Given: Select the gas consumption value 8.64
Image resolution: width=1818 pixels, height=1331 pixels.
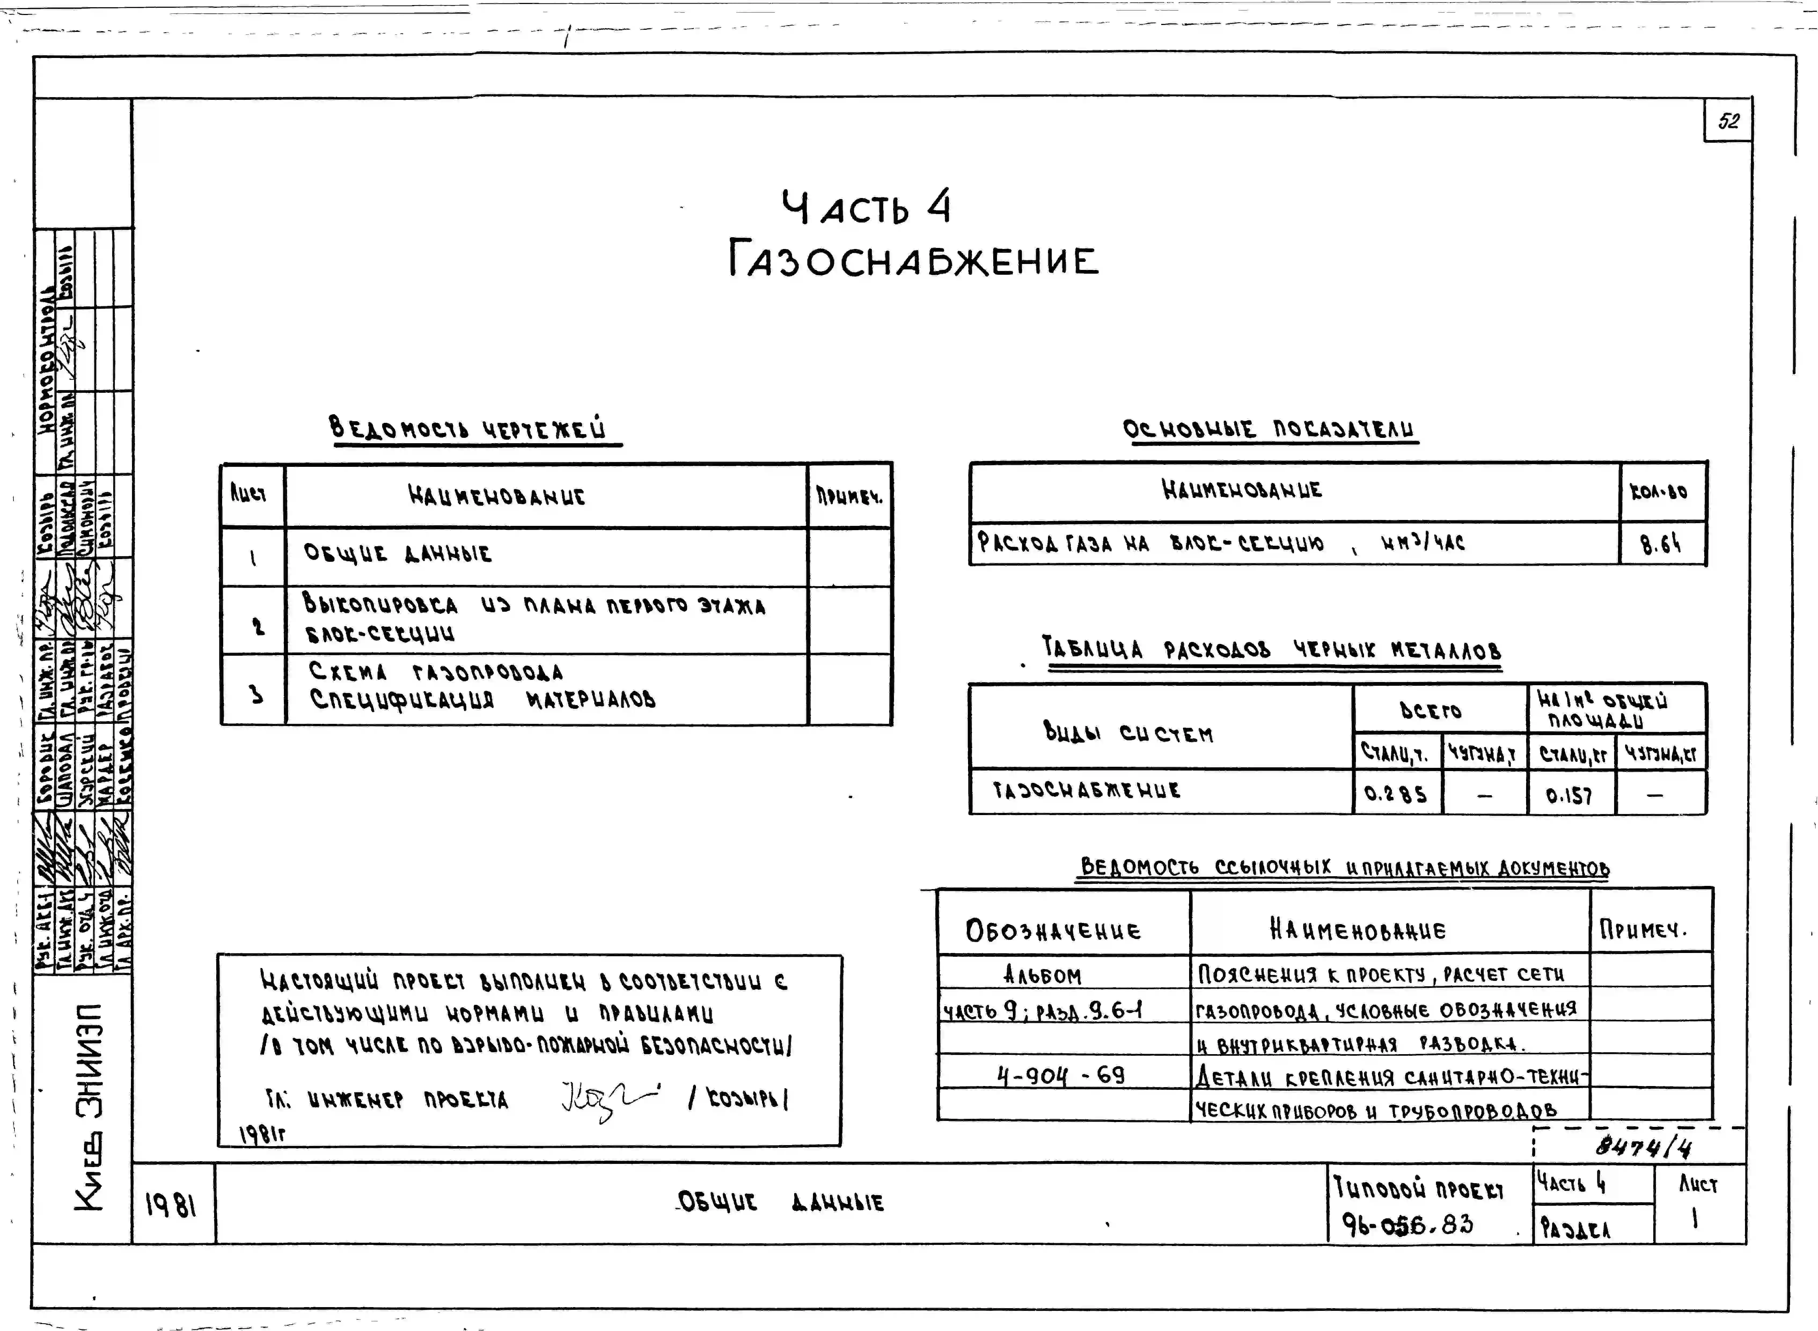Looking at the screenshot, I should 1661,545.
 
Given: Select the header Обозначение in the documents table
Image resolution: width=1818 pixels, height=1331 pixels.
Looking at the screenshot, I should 1053,930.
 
